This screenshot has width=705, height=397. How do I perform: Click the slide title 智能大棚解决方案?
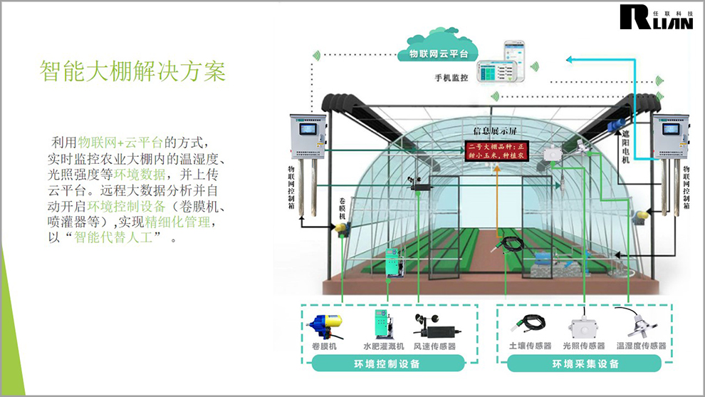click(x=132, y=72)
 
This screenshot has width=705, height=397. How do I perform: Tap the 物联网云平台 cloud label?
click(x=438, y=53)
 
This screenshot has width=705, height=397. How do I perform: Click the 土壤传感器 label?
click(x=530, y=346)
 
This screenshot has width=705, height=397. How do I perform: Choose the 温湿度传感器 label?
click(x=642, y=346)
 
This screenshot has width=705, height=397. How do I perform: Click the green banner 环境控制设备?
click(x=387, y=364)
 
